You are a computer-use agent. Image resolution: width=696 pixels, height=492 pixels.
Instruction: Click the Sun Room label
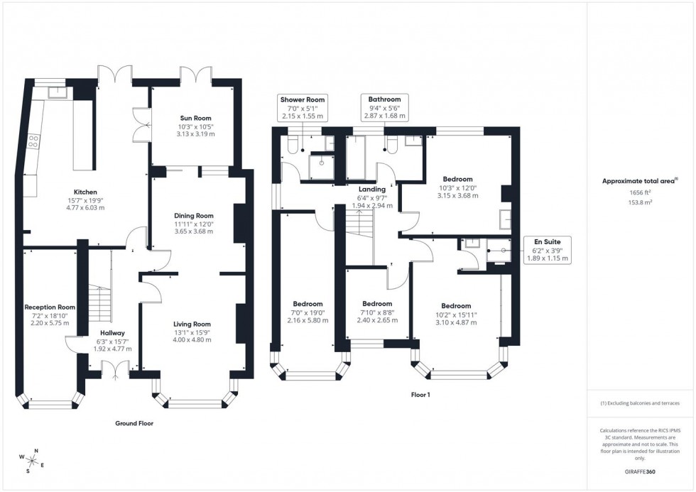pos(194,118)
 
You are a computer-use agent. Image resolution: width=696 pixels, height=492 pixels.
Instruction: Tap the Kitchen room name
pos(85,192)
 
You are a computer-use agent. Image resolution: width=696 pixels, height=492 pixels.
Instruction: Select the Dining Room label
pos(194,216)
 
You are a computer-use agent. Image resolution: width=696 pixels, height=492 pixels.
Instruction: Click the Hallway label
pos(112,332)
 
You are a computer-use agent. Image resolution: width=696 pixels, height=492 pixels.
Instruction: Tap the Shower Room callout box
pos(303,107)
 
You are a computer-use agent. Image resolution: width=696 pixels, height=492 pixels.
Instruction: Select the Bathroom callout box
pos(384,107)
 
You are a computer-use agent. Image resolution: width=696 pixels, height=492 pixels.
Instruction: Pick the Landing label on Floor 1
pos(372,190)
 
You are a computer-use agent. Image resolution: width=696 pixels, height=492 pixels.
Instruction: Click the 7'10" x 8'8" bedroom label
pos(377,304)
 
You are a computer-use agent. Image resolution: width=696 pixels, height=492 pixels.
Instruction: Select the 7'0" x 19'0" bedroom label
pos(308,304)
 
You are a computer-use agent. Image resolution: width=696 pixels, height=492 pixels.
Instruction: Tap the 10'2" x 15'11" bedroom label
pos(455,306)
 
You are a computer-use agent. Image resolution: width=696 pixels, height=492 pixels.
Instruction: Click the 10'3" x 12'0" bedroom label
pos(458,180)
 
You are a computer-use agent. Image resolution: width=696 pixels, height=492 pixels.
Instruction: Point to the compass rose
pos(33,460)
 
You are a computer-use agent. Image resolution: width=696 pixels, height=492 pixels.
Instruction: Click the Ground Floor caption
pos(134,423)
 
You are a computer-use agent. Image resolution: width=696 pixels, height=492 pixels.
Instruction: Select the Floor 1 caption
pos(420,395)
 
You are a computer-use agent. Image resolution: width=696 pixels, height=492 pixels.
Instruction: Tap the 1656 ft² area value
pos(641,192)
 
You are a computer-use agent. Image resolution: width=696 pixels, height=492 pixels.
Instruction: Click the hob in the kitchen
pos(33,142)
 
